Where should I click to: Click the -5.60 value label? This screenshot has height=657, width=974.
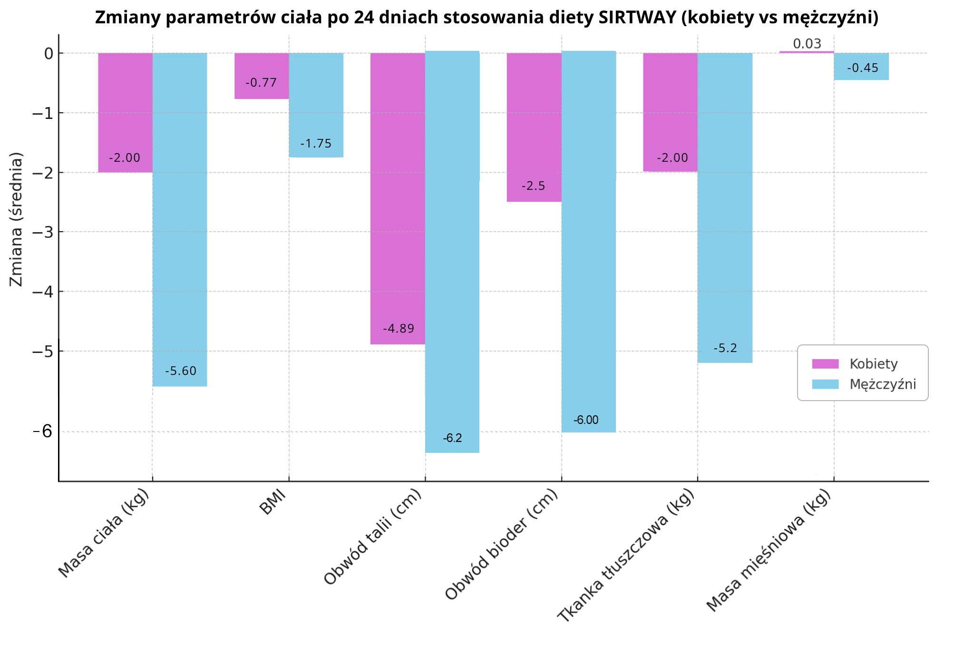[x=181, y=371]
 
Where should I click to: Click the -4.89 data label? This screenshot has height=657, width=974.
[x=399, y=328]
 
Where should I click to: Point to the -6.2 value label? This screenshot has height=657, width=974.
[x=452, y=438]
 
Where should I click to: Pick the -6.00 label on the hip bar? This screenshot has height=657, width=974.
[x=586, y=420]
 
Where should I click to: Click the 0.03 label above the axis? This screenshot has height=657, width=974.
[x=807, y=44]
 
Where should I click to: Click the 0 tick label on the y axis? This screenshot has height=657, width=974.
[x=48, y=53]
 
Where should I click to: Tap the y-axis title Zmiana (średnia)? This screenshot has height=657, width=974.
[x=16, y=219]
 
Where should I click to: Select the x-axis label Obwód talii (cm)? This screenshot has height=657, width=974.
[x=373, y=538]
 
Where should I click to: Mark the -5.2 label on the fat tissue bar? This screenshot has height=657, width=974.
[x=725, y=348]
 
